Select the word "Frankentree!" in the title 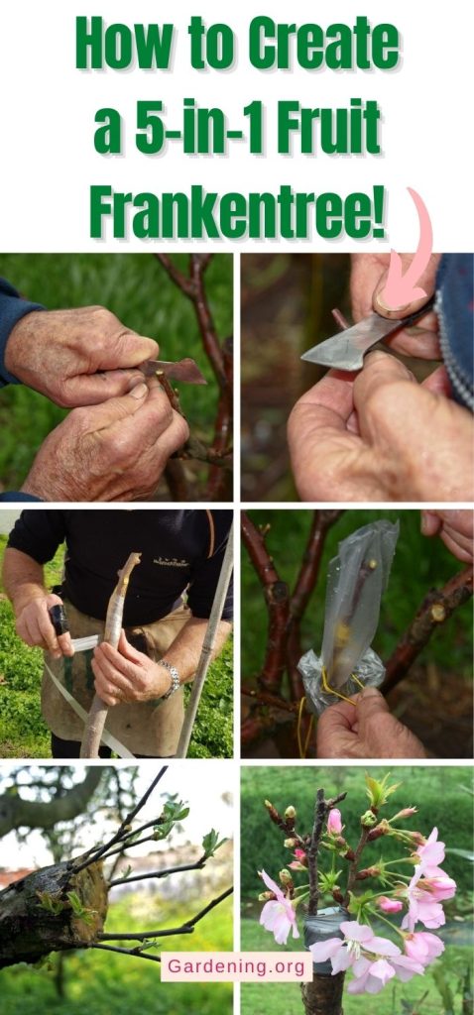point(237,209)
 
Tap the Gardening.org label point(236,966)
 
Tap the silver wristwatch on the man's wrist point(172,678)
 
